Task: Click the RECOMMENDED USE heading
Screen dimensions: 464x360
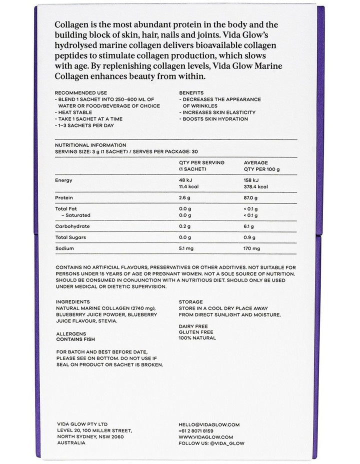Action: click(80, 92)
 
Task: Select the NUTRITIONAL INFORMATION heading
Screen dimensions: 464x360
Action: click(90, 145)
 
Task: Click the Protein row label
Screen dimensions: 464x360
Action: click(64, 198)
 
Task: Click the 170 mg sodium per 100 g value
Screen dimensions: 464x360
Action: click(252, 248)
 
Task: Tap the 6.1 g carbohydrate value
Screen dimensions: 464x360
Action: click(249, 226)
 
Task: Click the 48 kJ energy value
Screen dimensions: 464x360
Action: click(185, 180)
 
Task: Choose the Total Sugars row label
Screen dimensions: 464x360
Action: click(71, 237)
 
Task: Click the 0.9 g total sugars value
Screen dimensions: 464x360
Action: click(249, 237)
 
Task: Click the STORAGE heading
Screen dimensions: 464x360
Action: click(190, 302)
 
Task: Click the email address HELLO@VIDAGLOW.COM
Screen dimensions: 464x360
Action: click(209, 424)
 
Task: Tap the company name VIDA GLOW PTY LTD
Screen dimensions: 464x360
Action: click(82, 424)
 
